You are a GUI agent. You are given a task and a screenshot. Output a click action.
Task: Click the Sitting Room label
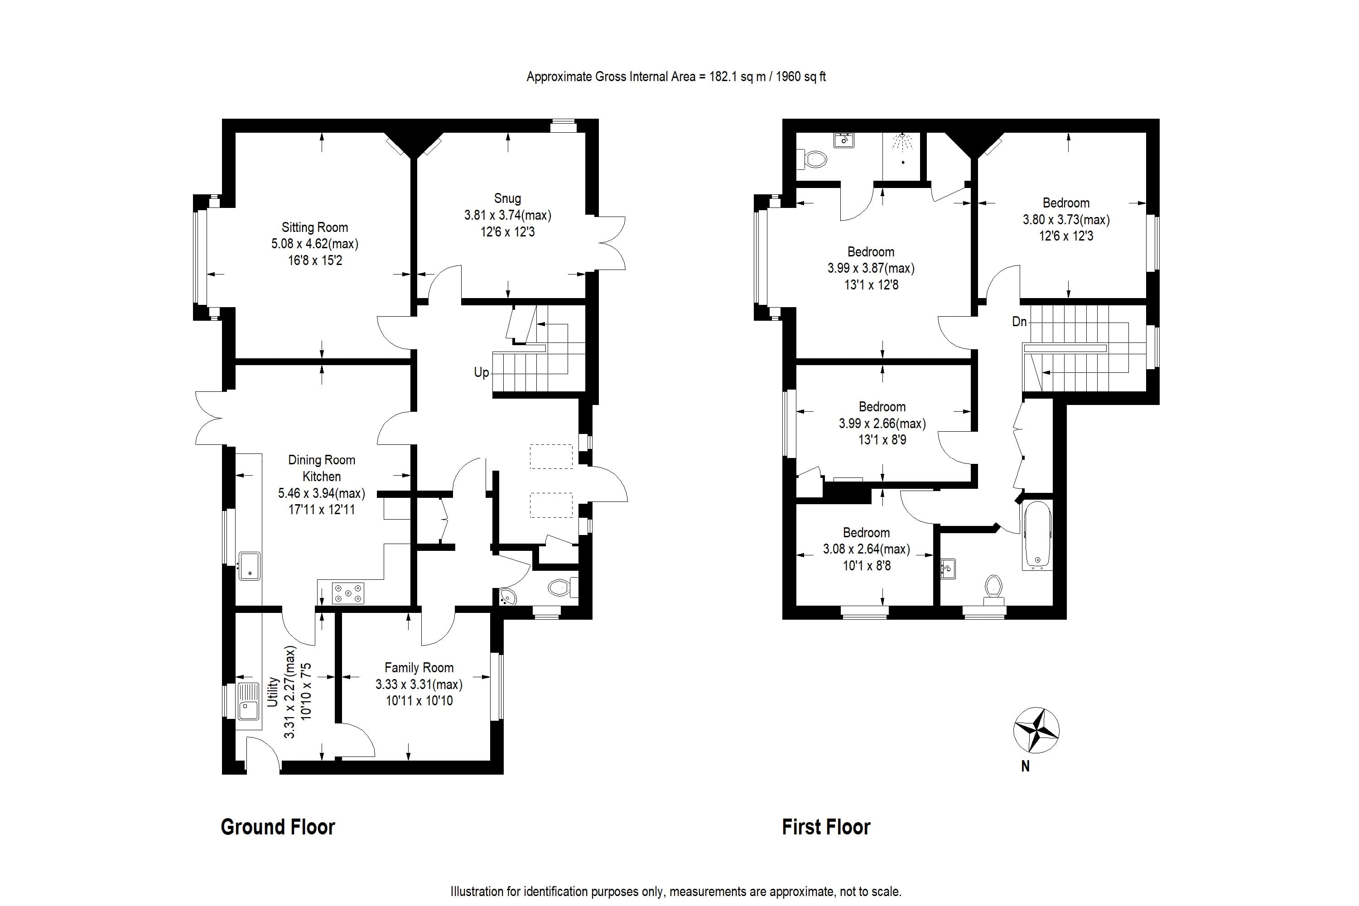pyautogui.click(x=314, y=227)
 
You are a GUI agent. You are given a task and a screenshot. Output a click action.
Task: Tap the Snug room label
pyautogui.click(x=507, y=198)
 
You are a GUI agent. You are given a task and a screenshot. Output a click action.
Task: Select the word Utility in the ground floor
pyautogui.click(x=273, y=692)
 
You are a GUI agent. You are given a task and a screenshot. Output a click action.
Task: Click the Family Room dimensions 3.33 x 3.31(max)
pyautogui.click(x=419, y=684)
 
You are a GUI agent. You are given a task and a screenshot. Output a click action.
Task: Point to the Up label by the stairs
pyautogui.click(x=481, y=372)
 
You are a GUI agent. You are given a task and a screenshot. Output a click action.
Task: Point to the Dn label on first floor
pyautogui.click(x=1019, y=321)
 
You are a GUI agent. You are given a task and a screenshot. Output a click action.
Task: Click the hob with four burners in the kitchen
pyautogui.click(x=348, y=593)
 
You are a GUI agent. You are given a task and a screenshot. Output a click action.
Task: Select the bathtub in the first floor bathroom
pyautogui.click(x=1037, y=535)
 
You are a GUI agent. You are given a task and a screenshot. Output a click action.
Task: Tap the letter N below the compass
pyautogui.click(x=1025, y=766)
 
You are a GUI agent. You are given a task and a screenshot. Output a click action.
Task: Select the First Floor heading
pyautogui.click(x=826, y=827)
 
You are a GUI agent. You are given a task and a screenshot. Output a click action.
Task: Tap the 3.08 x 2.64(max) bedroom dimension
pyautogui.click(x=866, y=549)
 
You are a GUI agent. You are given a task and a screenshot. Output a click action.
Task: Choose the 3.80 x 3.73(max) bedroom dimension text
pyautogui.click(x=1066, y=220)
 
